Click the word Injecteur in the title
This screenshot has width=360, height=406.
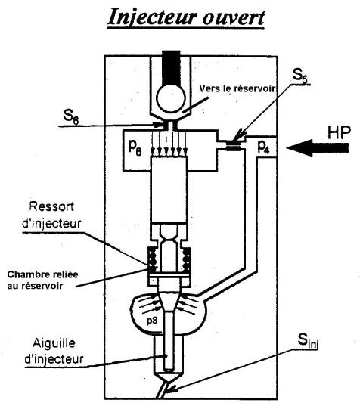(151, 17)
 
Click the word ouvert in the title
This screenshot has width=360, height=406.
(234, 18)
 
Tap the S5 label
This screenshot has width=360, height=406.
(300, 76)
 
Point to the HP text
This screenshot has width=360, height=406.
(340, 132)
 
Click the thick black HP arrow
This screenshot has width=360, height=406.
(317, 148)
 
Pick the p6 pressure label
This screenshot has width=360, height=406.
(135, 148)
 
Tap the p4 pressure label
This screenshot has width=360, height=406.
(263, 147)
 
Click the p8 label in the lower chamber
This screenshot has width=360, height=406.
(152, 321)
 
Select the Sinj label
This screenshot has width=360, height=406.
(308, 342)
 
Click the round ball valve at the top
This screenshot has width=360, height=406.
(171, 98)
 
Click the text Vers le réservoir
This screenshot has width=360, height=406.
(237, 88)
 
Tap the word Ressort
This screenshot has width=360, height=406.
(51, 206)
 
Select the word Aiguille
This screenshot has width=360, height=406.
(54, 343)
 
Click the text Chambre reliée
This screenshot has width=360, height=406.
(42, 274)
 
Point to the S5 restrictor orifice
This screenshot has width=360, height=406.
(235, 144)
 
